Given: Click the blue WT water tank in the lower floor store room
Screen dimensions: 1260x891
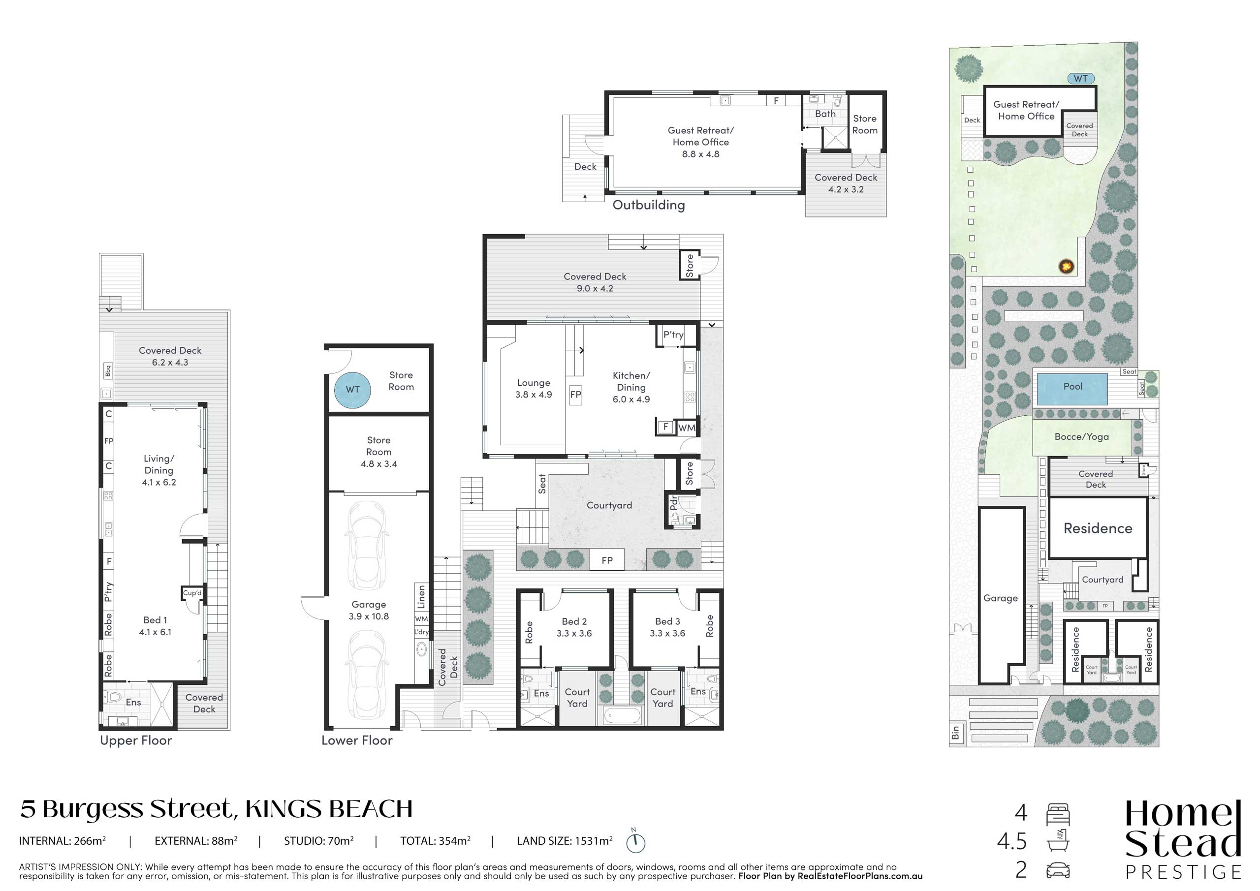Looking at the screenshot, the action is coord(352,390).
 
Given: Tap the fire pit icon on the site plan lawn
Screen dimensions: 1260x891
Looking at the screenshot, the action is coord(1066,267).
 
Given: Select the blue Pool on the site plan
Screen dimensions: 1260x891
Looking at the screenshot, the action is coord(1072,389).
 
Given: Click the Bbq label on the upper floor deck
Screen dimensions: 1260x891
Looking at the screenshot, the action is coord(108,371).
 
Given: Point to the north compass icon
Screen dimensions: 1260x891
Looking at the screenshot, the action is coord(635,841).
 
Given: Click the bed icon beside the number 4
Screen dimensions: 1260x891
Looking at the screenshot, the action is coord(1058,814).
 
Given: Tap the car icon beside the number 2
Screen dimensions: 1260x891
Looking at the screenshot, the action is coord(1058,870).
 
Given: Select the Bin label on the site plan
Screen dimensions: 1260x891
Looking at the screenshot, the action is coord(955,733).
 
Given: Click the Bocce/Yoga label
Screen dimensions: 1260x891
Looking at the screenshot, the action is coord(1081,437).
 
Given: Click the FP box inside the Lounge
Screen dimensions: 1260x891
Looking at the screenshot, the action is coord(575,395).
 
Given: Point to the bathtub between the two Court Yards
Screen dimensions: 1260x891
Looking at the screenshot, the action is coord(622,715).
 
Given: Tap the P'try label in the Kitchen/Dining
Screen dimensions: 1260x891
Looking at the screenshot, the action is coord(673,335).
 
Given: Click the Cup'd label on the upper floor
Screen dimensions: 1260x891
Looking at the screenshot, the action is coord(192,593).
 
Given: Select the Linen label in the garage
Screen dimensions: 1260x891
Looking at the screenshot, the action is coord(421,597).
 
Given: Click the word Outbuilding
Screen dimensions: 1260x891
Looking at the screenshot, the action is coord(649,205).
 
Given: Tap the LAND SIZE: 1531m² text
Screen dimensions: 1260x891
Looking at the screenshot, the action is coord(565,840).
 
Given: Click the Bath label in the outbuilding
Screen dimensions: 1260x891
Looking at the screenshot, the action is coord(825,114).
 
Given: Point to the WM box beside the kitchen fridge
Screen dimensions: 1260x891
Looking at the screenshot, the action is coord(687,428).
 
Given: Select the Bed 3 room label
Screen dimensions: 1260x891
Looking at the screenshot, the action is coord(667,621).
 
